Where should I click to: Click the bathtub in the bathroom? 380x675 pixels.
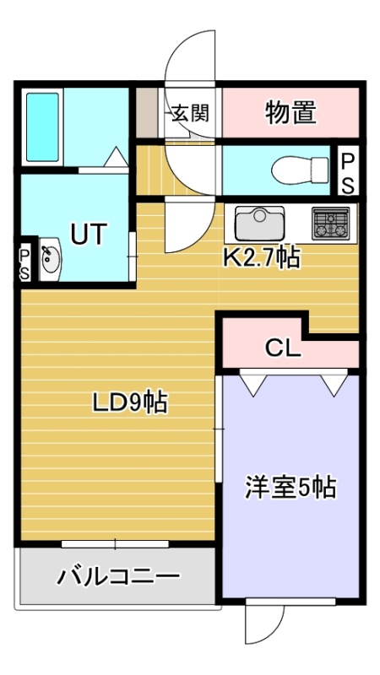43,127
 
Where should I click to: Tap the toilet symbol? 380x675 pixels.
300,170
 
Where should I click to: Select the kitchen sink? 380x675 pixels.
259,224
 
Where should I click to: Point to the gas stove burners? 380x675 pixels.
331,223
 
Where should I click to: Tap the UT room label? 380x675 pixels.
89,235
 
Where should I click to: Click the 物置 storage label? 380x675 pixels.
290,112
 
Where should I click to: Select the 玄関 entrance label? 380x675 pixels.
191,113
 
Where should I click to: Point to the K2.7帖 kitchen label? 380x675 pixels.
261,258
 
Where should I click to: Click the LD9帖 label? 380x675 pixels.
130,403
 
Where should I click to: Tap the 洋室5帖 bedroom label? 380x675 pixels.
290,488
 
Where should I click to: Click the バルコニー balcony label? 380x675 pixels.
118,576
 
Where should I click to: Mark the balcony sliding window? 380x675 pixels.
115,544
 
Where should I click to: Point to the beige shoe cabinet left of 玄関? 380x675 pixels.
146,112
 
